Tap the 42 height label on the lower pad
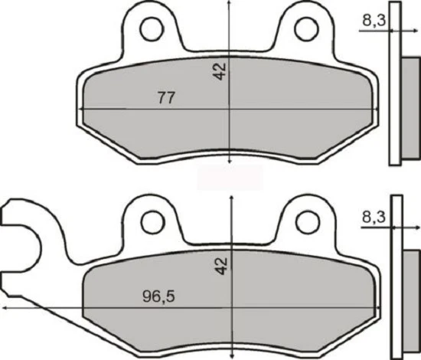[x=220, y=266]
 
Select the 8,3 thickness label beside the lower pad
[x=374, y=218]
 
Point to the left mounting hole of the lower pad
[x=152, y=222]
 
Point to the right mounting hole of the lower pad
[x=308, y=222]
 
